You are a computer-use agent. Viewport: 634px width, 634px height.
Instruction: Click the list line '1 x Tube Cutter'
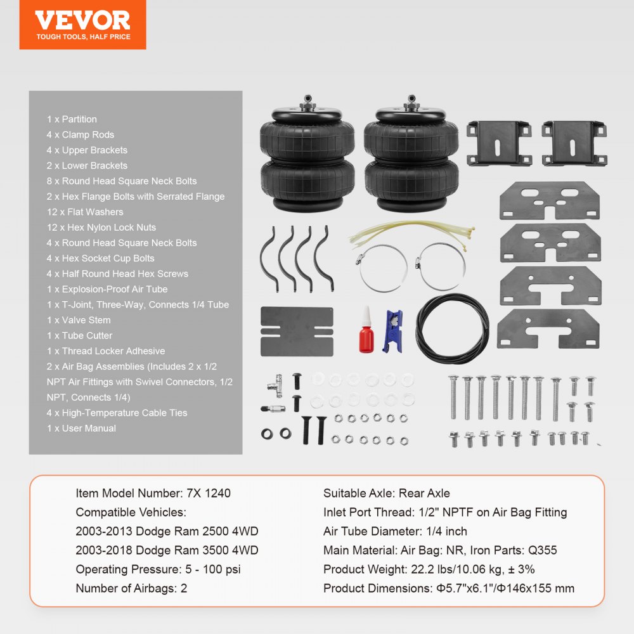point(79,335)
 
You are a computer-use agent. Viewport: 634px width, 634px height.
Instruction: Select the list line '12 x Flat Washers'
point(85,212)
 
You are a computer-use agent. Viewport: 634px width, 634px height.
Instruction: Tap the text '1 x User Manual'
point(81,428)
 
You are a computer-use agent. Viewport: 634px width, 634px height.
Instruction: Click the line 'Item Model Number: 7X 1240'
point(153,493)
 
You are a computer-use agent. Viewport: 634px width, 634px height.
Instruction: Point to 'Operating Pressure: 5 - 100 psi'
point(158,569)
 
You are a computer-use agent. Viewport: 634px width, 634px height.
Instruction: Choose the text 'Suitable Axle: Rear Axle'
point(386,493)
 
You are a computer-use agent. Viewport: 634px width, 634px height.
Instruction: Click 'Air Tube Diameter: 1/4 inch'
point(395,531)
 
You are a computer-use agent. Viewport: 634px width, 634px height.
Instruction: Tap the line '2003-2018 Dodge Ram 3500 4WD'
point(167,550)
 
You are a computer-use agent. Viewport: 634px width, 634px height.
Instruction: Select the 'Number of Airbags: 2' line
point(131,588)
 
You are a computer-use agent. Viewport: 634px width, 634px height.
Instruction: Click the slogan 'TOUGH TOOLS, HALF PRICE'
point(83,37)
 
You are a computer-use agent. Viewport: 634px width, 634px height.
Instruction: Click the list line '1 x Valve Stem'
point(79,320)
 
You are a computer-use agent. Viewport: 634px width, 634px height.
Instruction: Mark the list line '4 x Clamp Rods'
point(80,134)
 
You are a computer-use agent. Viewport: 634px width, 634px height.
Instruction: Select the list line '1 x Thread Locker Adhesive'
point(105,351)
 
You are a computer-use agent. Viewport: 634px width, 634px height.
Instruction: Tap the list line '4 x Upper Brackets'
point(87,150)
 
